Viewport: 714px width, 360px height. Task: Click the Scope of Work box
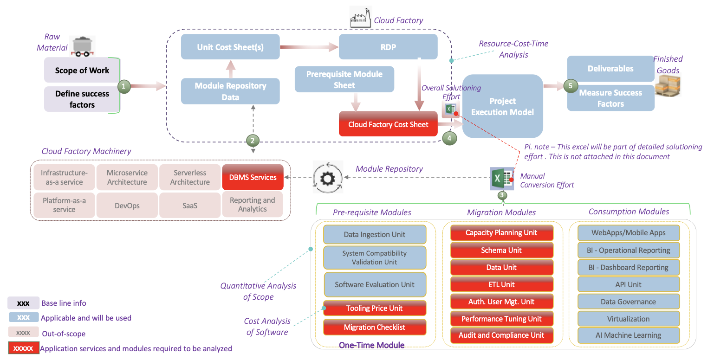coord(82,71)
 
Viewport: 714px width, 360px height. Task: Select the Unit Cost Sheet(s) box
coord(231,47)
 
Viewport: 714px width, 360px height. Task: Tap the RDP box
coord(388,47)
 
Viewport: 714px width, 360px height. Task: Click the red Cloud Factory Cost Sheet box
coord(388,124)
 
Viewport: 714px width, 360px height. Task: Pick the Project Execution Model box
coord(502,106)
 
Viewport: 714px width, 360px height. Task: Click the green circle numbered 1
coord(123,86)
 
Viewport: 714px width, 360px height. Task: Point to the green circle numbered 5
coord(570,86)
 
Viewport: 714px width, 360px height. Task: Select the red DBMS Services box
coord(253,177)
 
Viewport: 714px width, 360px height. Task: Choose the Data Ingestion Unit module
coord(374,235)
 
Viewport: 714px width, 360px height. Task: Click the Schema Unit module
coord(501,250)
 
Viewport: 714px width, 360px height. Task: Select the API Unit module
coord(628,284)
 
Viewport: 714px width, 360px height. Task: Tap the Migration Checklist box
coord(374,327)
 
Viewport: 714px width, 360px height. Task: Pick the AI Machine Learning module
coord(628,335)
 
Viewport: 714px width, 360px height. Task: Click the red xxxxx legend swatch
coord(23,348)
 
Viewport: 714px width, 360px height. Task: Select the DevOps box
coord(127,206)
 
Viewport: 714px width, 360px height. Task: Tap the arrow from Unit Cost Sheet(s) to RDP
coord(309,47)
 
